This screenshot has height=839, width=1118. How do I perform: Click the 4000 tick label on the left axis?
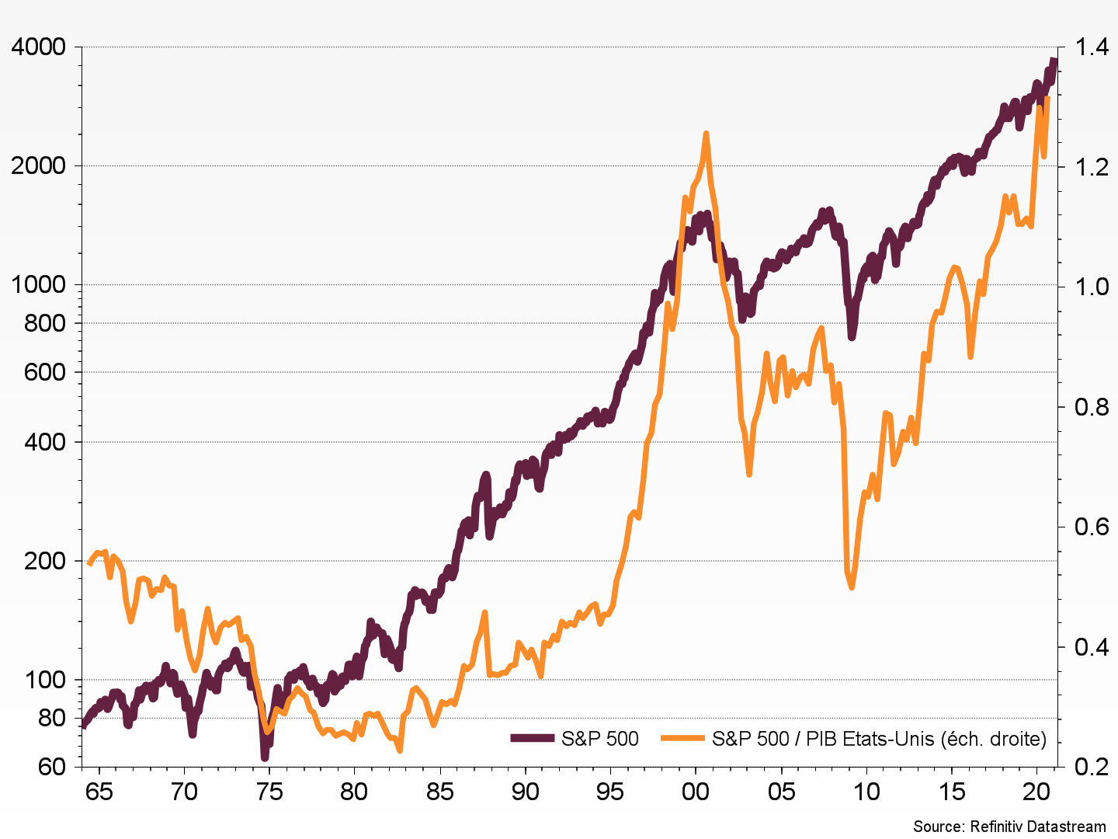38,47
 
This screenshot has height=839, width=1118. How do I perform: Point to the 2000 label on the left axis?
38,166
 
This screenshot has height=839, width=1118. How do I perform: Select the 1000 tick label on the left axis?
38,285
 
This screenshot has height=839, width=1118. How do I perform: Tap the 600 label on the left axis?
45,372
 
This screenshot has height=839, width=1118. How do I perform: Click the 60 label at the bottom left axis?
51,767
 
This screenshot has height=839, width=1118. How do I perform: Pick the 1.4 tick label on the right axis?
1092,47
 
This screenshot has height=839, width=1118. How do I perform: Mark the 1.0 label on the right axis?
1092,287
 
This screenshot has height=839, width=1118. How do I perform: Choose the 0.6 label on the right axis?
1092,527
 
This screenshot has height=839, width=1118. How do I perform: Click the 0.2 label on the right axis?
1092,767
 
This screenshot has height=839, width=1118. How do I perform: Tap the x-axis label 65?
99,792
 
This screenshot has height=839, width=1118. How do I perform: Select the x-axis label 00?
696,792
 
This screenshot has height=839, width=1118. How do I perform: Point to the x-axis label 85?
440,792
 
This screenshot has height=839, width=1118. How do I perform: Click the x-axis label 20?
1037,792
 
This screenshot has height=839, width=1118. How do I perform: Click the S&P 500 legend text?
599,739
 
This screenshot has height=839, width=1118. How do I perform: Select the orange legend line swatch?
683,739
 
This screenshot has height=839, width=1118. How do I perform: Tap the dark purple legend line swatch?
533,739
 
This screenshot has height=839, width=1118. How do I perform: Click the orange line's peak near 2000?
706,134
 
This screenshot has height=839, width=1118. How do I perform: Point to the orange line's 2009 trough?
852,587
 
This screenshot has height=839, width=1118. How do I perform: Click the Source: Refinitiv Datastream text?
1009,826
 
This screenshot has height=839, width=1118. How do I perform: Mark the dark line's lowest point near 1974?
265,757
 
